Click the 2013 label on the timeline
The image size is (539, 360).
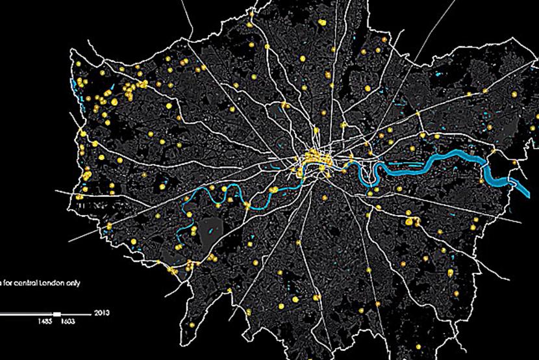coord(101,313)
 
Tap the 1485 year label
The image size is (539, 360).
coord(45,321)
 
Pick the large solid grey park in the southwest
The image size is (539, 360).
coord(212,227)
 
